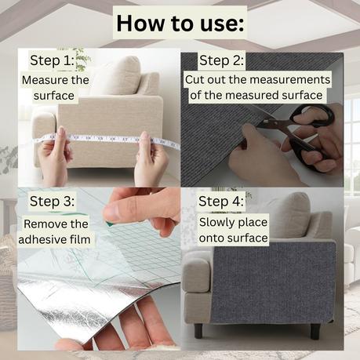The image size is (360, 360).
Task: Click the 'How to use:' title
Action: (x=180, y=24)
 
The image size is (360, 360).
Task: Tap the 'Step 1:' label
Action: (x=53, y=60)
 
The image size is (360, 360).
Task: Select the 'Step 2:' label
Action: (x=221, y=60)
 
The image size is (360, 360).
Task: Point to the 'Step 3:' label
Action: (x=52, y=202)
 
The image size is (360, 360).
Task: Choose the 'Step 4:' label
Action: (x=221, y=202)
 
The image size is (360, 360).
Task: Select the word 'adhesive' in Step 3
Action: (x=42, y=239)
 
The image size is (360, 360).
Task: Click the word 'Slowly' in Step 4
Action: (x=214, y=223)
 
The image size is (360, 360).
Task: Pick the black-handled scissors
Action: (x=300, y=131)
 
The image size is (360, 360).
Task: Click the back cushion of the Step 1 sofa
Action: (x=116, y=76)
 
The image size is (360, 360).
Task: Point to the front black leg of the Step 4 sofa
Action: (x=198, y=331)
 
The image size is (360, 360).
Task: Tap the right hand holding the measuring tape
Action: (x=151, y=158)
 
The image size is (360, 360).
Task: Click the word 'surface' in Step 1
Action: (x=54, y=96)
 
